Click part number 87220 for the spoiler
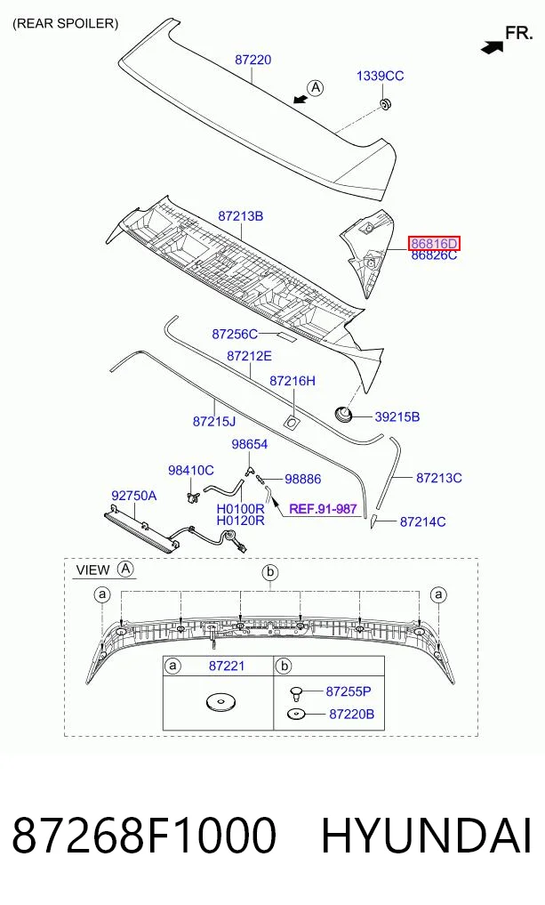[252, 60]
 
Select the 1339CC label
[380, 76]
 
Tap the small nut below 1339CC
[385, 104]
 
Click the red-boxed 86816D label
[434, 244]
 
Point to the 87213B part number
[240, 216]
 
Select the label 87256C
[235, 335]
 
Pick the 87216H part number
[293, 381]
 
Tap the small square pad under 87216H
[291, 423]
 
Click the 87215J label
[214, 422]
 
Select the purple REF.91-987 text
[323, 509]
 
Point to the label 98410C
[191, 471]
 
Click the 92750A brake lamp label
[133, 496]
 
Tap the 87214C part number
[422, 521]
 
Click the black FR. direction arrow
[492, 46]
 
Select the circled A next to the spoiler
[316, 88]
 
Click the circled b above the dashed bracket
[270, 573]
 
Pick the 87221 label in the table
[227, 666]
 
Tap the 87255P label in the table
[349, 691]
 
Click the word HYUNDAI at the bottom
[426, 836]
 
